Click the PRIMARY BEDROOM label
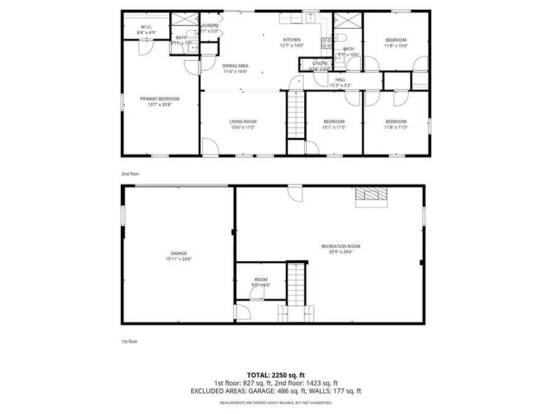click(159, 99)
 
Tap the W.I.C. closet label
click(146, 27)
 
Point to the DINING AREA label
click(235, 66)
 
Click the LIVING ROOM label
click(243, 121)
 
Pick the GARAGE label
click(178, 253)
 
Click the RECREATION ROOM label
click(337, 246)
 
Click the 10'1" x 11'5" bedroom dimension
click(334, 127)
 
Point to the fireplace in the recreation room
click(371, 196)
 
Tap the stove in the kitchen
click(327, 42)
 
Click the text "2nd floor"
click(130, 174)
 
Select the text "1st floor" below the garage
click(129, 341)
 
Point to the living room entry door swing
click(209, 147)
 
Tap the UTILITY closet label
click(320, 63)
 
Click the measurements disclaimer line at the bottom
click(275, 403)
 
